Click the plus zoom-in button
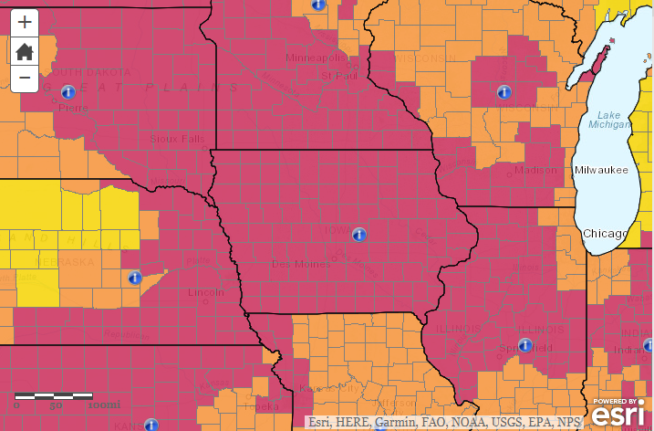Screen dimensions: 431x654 click(x=25, y=22)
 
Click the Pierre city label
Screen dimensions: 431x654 click(x=73, y=108)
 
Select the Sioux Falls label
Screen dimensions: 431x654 click(x=179, y=139)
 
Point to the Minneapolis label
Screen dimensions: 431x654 click(x=317, y=58)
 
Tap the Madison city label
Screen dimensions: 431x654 click(x=535, y=170)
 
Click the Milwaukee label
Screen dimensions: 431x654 click(x=601, y=170)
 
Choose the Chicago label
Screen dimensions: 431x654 click(x=606, y=234)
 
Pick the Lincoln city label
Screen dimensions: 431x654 click(x=204, y=292)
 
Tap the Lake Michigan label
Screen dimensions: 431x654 click(x=608, y=120)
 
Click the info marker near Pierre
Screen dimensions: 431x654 click(x=67, y=91)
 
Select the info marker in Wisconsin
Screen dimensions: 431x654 click(x=502, y=91)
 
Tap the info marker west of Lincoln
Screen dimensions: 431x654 click(x=135, y=277)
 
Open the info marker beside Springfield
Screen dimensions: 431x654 click(x=524, y=344)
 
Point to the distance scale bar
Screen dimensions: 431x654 click(x=54, y=396)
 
